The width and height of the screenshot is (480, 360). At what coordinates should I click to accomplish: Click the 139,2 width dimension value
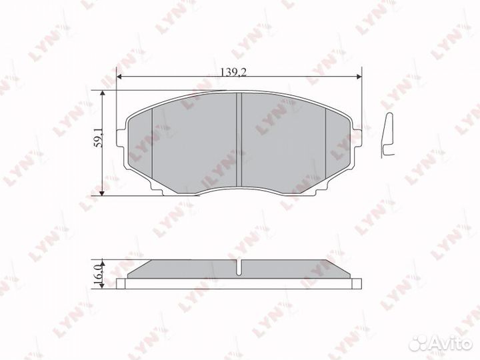(233, 72)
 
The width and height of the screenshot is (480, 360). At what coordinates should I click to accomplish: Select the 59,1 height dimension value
(99, 138)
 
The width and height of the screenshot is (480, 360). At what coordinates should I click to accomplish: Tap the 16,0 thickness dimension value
(98, 273)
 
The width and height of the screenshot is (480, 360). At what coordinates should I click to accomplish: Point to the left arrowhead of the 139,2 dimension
(120, 77)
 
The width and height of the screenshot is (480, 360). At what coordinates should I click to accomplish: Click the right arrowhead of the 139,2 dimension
(359, 77)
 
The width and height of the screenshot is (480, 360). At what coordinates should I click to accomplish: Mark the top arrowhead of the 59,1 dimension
(102, 93)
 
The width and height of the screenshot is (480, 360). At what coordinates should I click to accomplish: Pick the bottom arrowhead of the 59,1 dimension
(102, 193)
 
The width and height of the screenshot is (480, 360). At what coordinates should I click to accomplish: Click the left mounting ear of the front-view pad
(121, 138)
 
